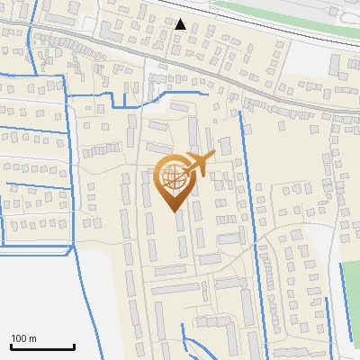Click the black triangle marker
[181, 24]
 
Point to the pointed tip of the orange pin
[173, 211]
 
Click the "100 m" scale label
[23, 338]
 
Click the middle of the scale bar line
[41, 346]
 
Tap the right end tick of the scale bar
[73, 345]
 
